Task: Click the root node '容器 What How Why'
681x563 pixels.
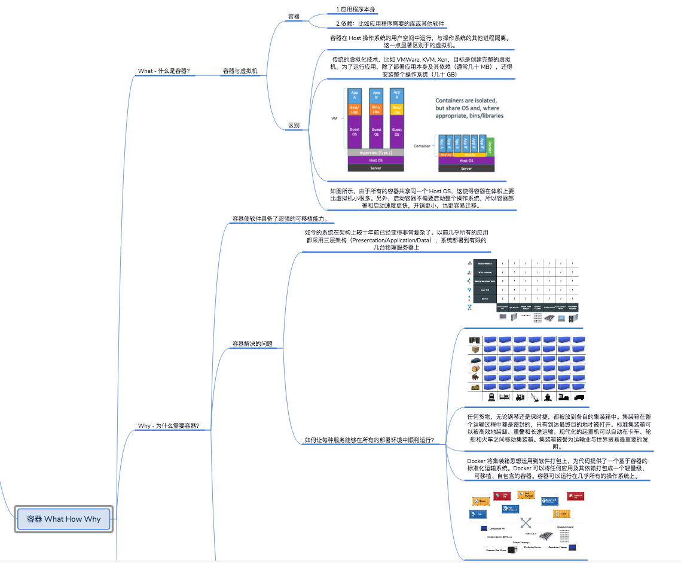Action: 63,519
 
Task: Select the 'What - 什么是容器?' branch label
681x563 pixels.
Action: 164,71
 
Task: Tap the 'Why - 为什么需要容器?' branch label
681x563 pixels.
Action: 169,426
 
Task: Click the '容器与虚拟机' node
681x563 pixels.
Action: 240,71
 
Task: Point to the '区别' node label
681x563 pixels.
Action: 294,126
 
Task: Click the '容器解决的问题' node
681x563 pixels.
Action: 252,344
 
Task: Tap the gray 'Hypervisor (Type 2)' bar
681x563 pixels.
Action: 375,153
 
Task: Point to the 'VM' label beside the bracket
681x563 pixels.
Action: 335,118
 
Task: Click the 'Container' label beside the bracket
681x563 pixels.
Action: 422,145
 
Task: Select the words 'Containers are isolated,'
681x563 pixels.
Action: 466,101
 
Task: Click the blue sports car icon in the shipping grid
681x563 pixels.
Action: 475,360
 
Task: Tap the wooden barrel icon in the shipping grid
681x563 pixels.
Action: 475,369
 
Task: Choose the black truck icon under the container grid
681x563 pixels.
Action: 579,396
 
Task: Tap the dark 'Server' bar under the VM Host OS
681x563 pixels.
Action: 375,168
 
